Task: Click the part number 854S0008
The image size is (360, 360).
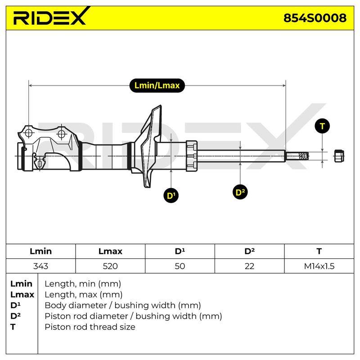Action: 315,18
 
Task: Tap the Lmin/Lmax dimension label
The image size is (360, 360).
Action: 157,85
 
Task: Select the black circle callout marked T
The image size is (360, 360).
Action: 322,126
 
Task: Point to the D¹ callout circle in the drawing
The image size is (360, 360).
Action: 171,195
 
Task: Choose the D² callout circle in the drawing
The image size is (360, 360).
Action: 240,192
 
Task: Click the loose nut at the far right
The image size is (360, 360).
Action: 339,156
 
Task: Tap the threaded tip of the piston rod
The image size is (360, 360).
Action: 297,156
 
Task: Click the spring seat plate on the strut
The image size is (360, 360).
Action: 149,146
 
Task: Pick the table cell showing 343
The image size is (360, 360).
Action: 40,266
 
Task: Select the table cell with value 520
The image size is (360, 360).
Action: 110,266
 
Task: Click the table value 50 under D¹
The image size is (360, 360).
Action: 180,266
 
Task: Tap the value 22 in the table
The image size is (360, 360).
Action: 249,266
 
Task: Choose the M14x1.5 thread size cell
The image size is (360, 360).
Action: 319,266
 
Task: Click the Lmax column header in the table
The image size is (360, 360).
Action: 110,251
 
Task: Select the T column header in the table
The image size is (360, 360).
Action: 319,251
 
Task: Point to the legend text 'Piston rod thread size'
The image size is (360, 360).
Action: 90,327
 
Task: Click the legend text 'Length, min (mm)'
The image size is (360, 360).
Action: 83,284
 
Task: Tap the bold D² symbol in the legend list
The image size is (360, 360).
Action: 15,316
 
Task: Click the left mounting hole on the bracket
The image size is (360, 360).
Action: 28,133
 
